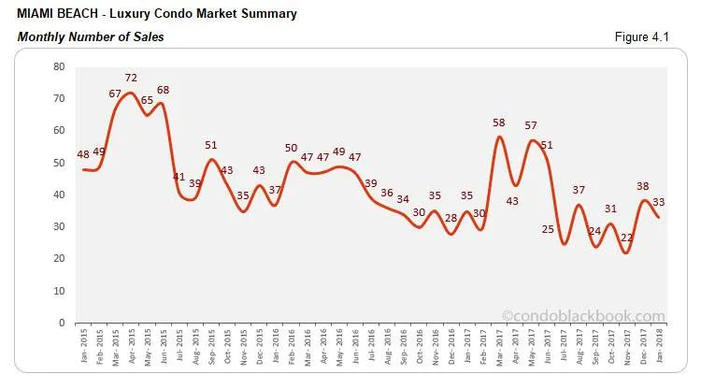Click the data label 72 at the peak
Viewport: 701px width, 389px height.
[131, 78]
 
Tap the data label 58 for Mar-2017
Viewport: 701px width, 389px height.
[498, 122]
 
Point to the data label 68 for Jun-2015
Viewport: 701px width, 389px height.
[163, 91]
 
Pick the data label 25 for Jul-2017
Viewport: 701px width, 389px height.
[549, 230]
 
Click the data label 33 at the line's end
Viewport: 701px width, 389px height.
[657, 201]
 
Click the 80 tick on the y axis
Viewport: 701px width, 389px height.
[59, 66]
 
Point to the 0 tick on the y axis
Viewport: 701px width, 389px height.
[62, 323]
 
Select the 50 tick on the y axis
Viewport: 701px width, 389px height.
[59, 163]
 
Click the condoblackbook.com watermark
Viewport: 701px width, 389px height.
[583, 316]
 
